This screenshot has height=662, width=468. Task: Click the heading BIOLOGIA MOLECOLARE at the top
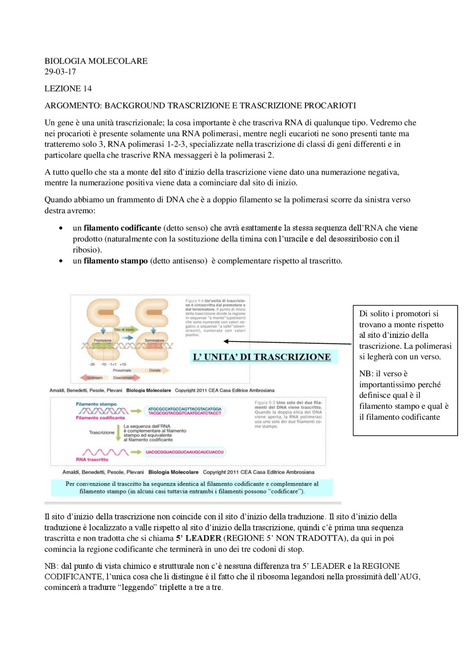(x=96, y=61)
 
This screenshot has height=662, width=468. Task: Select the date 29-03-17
(x=60, y=72)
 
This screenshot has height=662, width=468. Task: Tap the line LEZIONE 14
(x=68, y=88)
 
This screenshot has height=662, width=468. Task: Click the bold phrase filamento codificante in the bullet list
(x=122, y=228)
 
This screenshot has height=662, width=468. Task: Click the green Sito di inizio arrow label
(x=124, y=329)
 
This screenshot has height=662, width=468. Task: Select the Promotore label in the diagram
(x=102, y=340)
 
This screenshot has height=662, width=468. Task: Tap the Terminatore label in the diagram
(x=154, y=340)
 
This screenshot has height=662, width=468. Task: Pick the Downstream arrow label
(x=124, y=378)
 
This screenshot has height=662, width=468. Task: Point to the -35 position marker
(x=92, y=364)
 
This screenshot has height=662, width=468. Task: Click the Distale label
(x=155, y=370)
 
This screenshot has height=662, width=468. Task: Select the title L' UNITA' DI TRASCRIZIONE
(x=262, y=357)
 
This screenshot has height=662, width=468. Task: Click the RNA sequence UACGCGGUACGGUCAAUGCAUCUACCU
(x=184, y=452)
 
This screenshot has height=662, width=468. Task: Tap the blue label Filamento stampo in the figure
(x=96, y=404)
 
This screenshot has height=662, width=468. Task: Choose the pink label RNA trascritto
(x=92, y=459)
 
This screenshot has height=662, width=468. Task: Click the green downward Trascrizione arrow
(x=118, y=433)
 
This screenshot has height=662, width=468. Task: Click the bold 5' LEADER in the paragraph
(x=199, y=538)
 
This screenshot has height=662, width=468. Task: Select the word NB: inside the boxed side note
(x=366, y=374)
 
